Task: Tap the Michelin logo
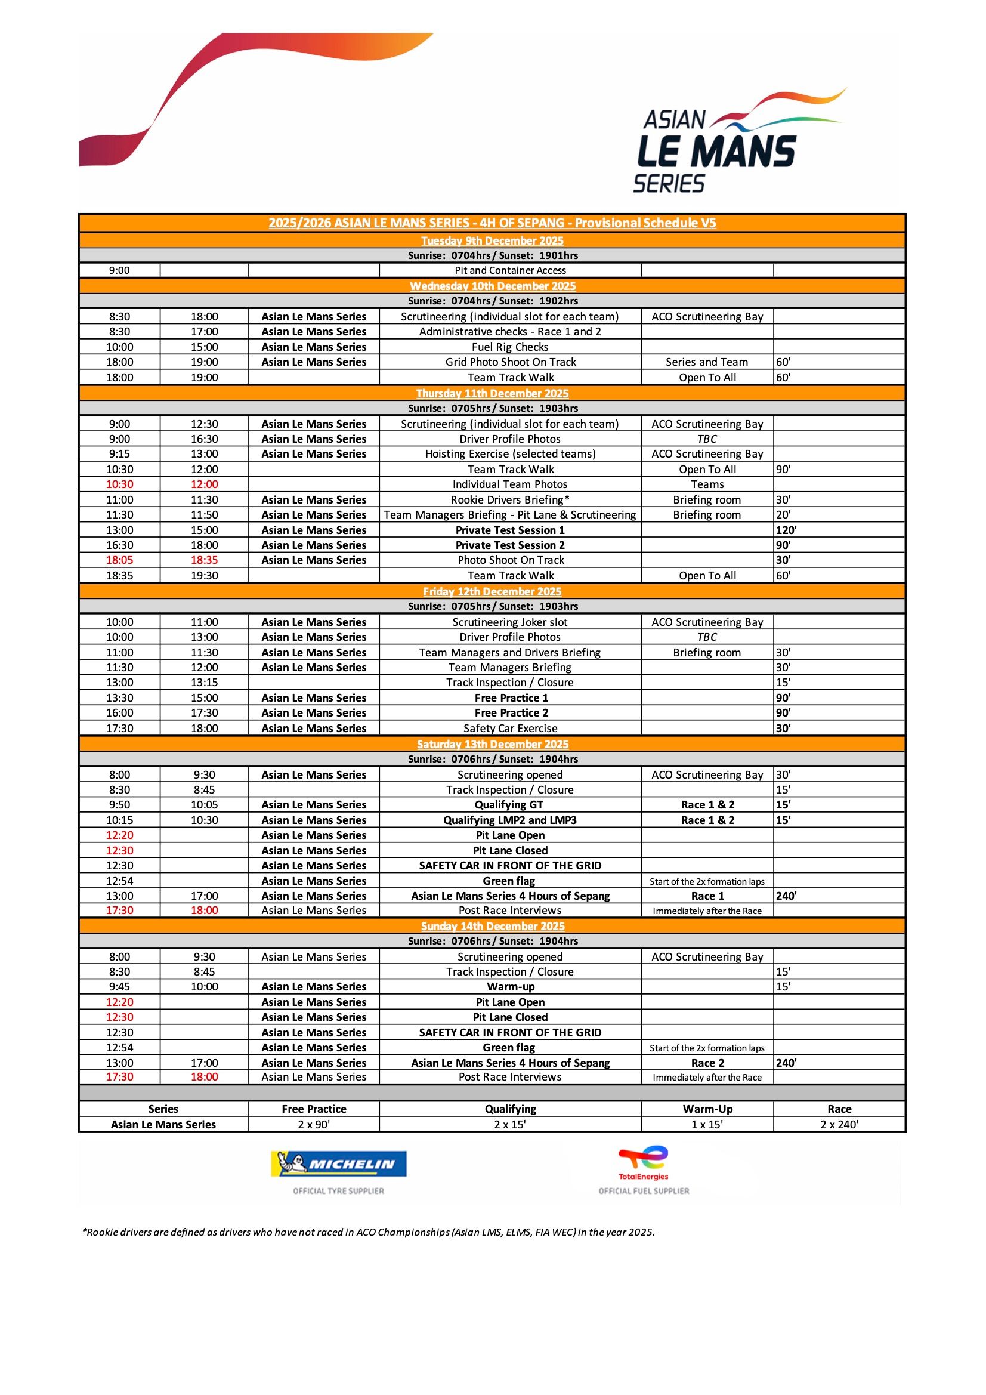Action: coord(339,1164)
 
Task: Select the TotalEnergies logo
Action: coord(644,1163)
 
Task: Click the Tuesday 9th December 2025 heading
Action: coord(492,240)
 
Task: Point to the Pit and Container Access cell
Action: coord(510,270)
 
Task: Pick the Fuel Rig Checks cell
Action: coord(510,347)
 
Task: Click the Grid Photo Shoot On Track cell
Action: coord(510,362)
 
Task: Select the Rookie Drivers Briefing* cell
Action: coord(510,500)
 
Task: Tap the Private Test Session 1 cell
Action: coord(510,530)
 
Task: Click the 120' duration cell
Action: coord(786,530)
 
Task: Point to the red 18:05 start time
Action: coord(119,560)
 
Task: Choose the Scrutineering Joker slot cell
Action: coord(510,622)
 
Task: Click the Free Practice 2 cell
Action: coord(511,712)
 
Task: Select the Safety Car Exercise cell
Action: coord(510,729)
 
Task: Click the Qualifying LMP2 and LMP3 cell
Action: coord(510,820)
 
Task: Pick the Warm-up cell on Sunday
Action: coord(511,987)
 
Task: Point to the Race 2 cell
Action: coord(707,1063)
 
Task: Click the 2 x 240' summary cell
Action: coord(839,1124)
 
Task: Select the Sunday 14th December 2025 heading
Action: coord(492,926)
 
